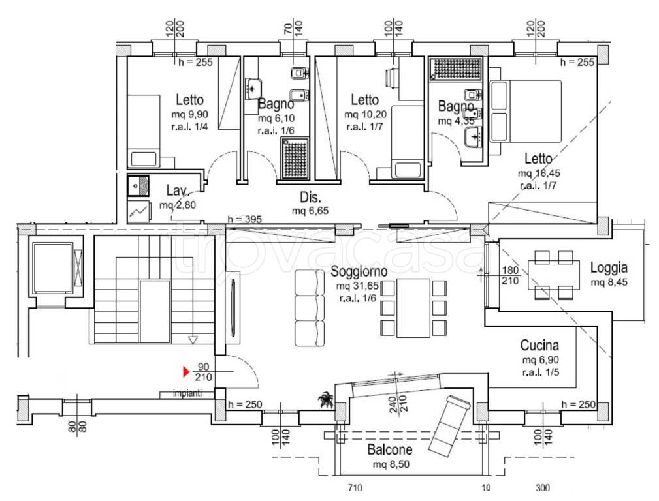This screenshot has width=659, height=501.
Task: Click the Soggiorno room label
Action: click(x=359, y=271)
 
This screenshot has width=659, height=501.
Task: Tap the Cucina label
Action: click(x=539, y=345)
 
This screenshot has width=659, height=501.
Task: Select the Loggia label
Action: click(x=609, y=267)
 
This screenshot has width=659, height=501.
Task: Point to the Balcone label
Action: click(x=390, y=449)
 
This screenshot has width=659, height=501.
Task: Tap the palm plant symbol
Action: click(x=325, y=400)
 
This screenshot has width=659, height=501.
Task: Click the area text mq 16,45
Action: click(x=539, y=173)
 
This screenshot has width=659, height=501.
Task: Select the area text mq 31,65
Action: click(x=357, y=286)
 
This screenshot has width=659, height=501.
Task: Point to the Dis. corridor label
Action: click(x=310, y=198)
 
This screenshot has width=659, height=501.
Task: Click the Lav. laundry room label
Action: click(x=176, y=190)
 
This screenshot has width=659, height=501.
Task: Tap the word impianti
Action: click(x=187, y=394)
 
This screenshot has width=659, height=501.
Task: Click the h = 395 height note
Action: click(x=245, y=219)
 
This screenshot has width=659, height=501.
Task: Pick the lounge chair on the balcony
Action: click(x=449, y=424)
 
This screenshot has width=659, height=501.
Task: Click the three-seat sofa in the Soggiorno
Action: click(x=310, y=308)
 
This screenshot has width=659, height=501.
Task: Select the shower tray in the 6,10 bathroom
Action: click(x=295, y=159)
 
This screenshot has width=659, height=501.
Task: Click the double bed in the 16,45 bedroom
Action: click(x=525, y=112)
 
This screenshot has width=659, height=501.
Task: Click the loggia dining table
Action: click(x=554, y=275)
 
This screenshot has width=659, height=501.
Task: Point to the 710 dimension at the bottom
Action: click(x=355, y=487)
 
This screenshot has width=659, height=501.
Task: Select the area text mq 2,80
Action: click(x=178, y=205)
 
